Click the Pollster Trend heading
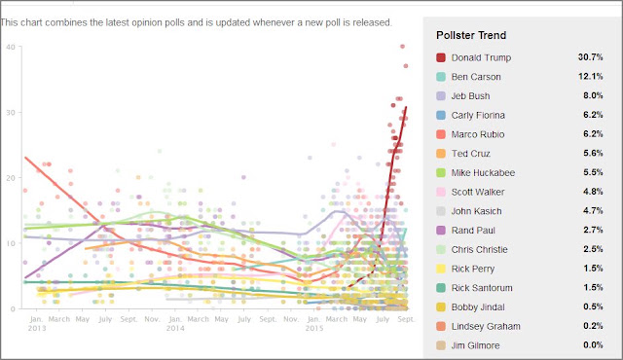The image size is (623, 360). [x=471, y=35]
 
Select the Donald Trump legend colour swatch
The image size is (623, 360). [x=441, y=57]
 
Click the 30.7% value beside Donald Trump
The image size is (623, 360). [x=591, y=57]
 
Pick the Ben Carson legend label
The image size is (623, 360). [x=476, y=77]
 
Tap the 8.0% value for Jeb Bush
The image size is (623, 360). [x=593, y=95]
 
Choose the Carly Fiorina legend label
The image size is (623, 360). [x=478, y=115]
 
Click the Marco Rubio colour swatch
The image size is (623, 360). [x=441, y=134]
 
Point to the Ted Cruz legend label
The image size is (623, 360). [x=471, y=154]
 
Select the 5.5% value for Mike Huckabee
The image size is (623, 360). [x=593, y=172]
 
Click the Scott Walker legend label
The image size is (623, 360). [x=478, y=192]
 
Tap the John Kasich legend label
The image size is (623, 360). [x=476, y=211]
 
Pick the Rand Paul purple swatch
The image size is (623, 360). [x=441, y=231]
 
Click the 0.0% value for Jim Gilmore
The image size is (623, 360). [x=593, y=345]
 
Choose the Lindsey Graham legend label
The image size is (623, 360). [x=486, y=326]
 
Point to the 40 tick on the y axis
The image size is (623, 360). [x=11, y=47]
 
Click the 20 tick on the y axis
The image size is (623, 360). [x=11, y=178]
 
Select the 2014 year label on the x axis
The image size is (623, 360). [x=175, y=329]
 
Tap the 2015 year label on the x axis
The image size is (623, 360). [x=313, y=329]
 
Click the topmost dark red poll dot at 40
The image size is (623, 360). [x=402, y=47]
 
